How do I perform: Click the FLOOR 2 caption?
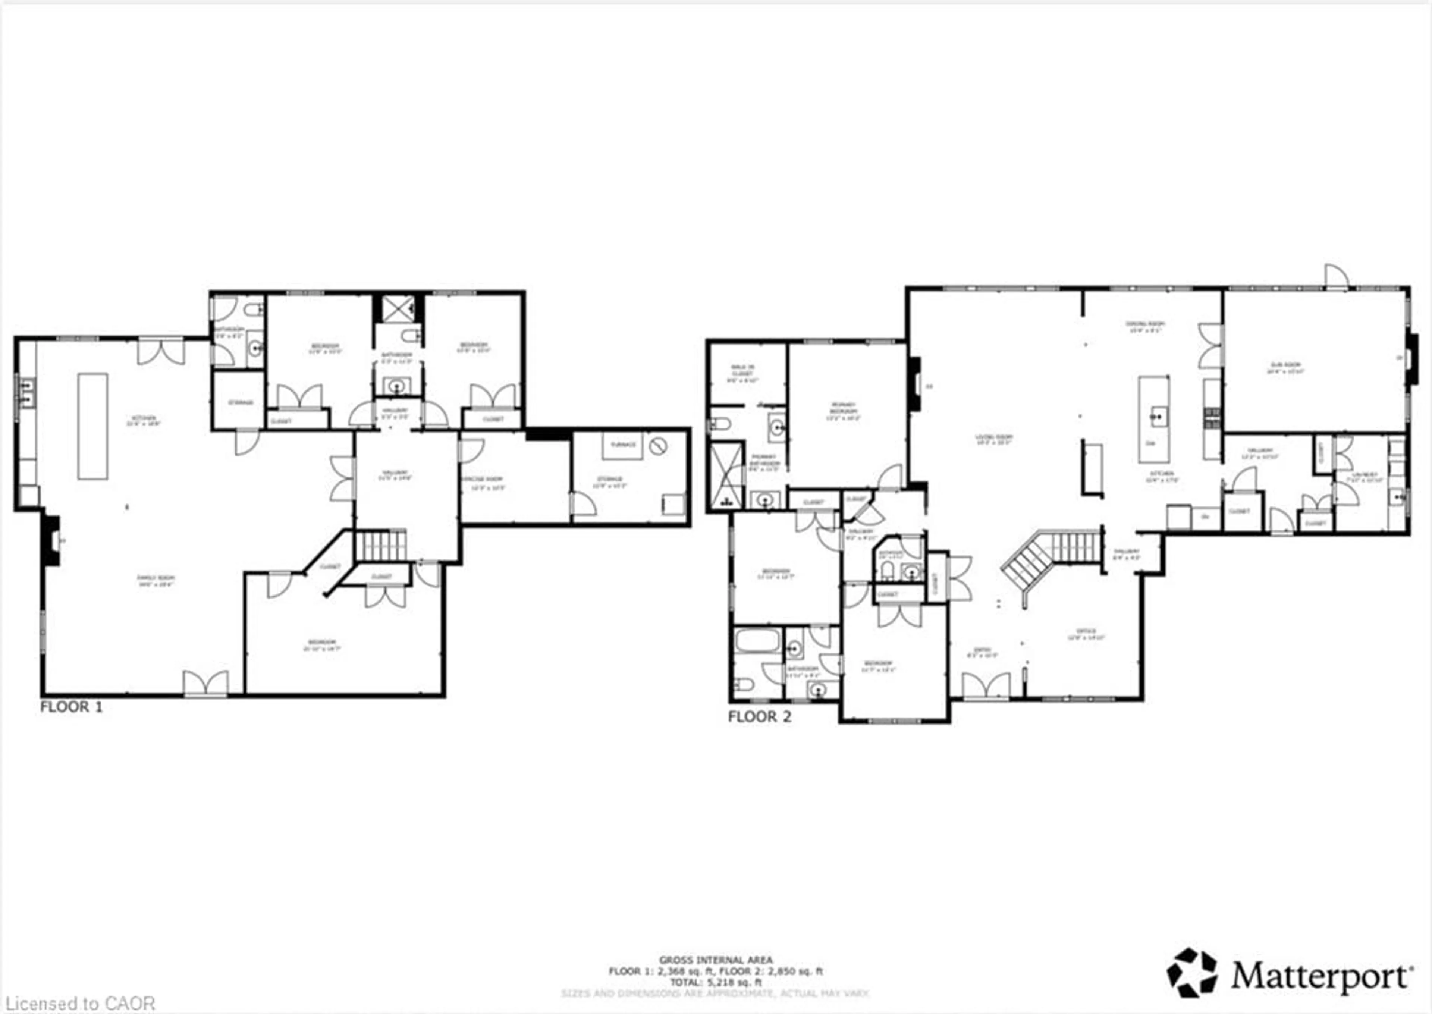click(x=760, y=717)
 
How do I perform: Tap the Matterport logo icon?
click(x=1192, y=973)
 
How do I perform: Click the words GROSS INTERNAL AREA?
click(x=716, y=960)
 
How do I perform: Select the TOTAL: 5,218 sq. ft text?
click(x=716, y=982)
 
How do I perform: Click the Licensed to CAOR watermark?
click(x=78, y=1004)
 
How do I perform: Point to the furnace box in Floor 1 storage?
click(x=622, y=445)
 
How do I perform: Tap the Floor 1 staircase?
click(x=380, y=545)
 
